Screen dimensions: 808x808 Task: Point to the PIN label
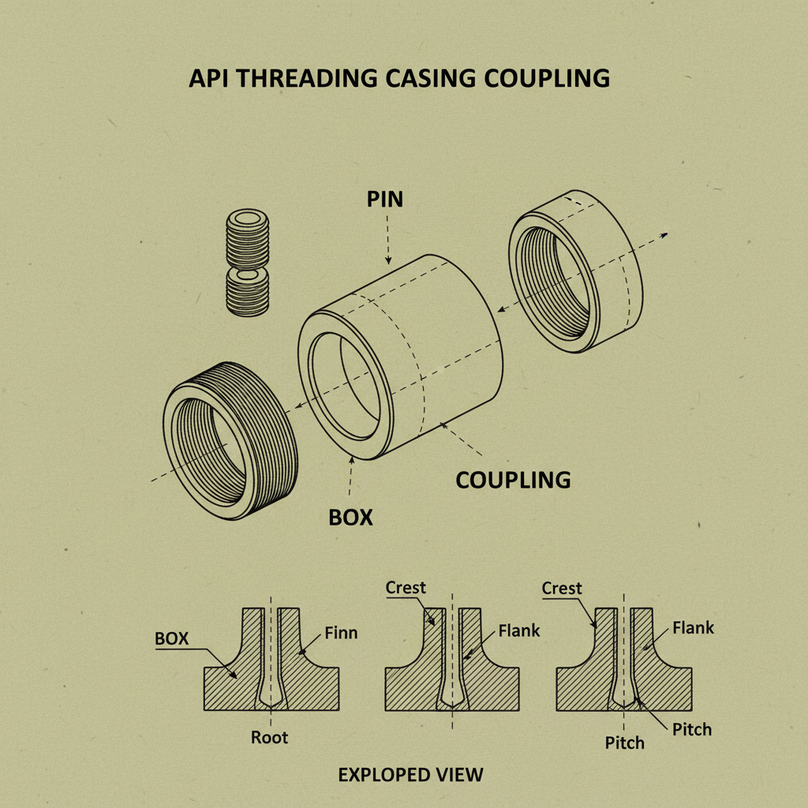pyautogui.click(x=384, y=199)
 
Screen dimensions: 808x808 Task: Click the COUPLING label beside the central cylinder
pyautogui.click(x=513, y=479)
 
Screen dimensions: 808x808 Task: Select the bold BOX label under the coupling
pyautogui.click(x=350, y=518)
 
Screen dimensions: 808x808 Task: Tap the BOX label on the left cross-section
pyautogui.click(x=171, y=638)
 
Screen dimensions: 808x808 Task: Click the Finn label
pyautogui.click(x=341, y=633)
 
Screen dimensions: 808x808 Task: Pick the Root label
pyautogui.click(x=270, y=738)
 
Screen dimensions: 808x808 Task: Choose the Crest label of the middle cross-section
pyautogui.click(x=406, y=588)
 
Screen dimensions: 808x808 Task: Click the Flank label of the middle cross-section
pyautogui.click(x=519, y=630)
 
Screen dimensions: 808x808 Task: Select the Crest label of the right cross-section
pyautogui.click(x=563, y=589)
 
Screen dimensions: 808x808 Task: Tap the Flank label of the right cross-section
pyautogui.click(x=693, y=628)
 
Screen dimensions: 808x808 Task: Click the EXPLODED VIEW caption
pyautogui.click(x=410, y=775)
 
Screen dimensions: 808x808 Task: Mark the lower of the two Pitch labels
pyautogui.click(x=624, y=743)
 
